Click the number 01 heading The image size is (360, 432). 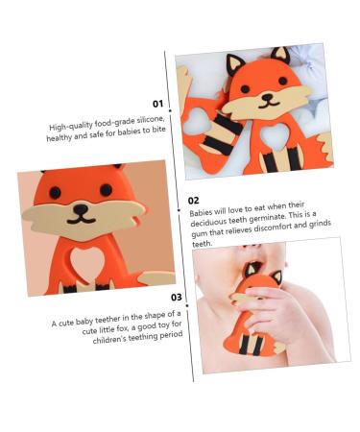157,104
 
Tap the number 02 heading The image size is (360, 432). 193,201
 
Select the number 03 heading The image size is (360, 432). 176,298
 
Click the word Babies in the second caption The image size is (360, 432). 201,212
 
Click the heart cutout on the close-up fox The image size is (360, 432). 85,261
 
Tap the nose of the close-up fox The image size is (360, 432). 80,209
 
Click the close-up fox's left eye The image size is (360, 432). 56,193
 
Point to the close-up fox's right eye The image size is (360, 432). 106,190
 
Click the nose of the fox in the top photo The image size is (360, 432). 267,96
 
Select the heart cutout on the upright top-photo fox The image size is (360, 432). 275,135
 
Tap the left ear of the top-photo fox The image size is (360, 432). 234,65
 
